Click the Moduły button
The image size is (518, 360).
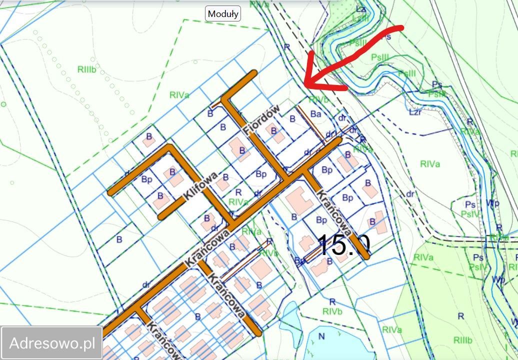point(223,13)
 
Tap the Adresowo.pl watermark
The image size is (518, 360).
point(52,343)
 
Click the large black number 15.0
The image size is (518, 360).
point(343,245)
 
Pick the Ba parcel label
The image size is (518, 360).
point(315,114)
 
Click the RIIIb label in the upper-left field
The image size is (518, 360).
point(86,70)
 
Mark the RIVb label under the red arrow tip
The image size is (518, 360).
point(319,99)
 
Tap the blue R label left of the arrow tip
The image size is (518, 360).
point(287,46)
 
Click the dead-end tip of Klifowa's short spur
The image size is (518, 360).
point(162,216)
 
